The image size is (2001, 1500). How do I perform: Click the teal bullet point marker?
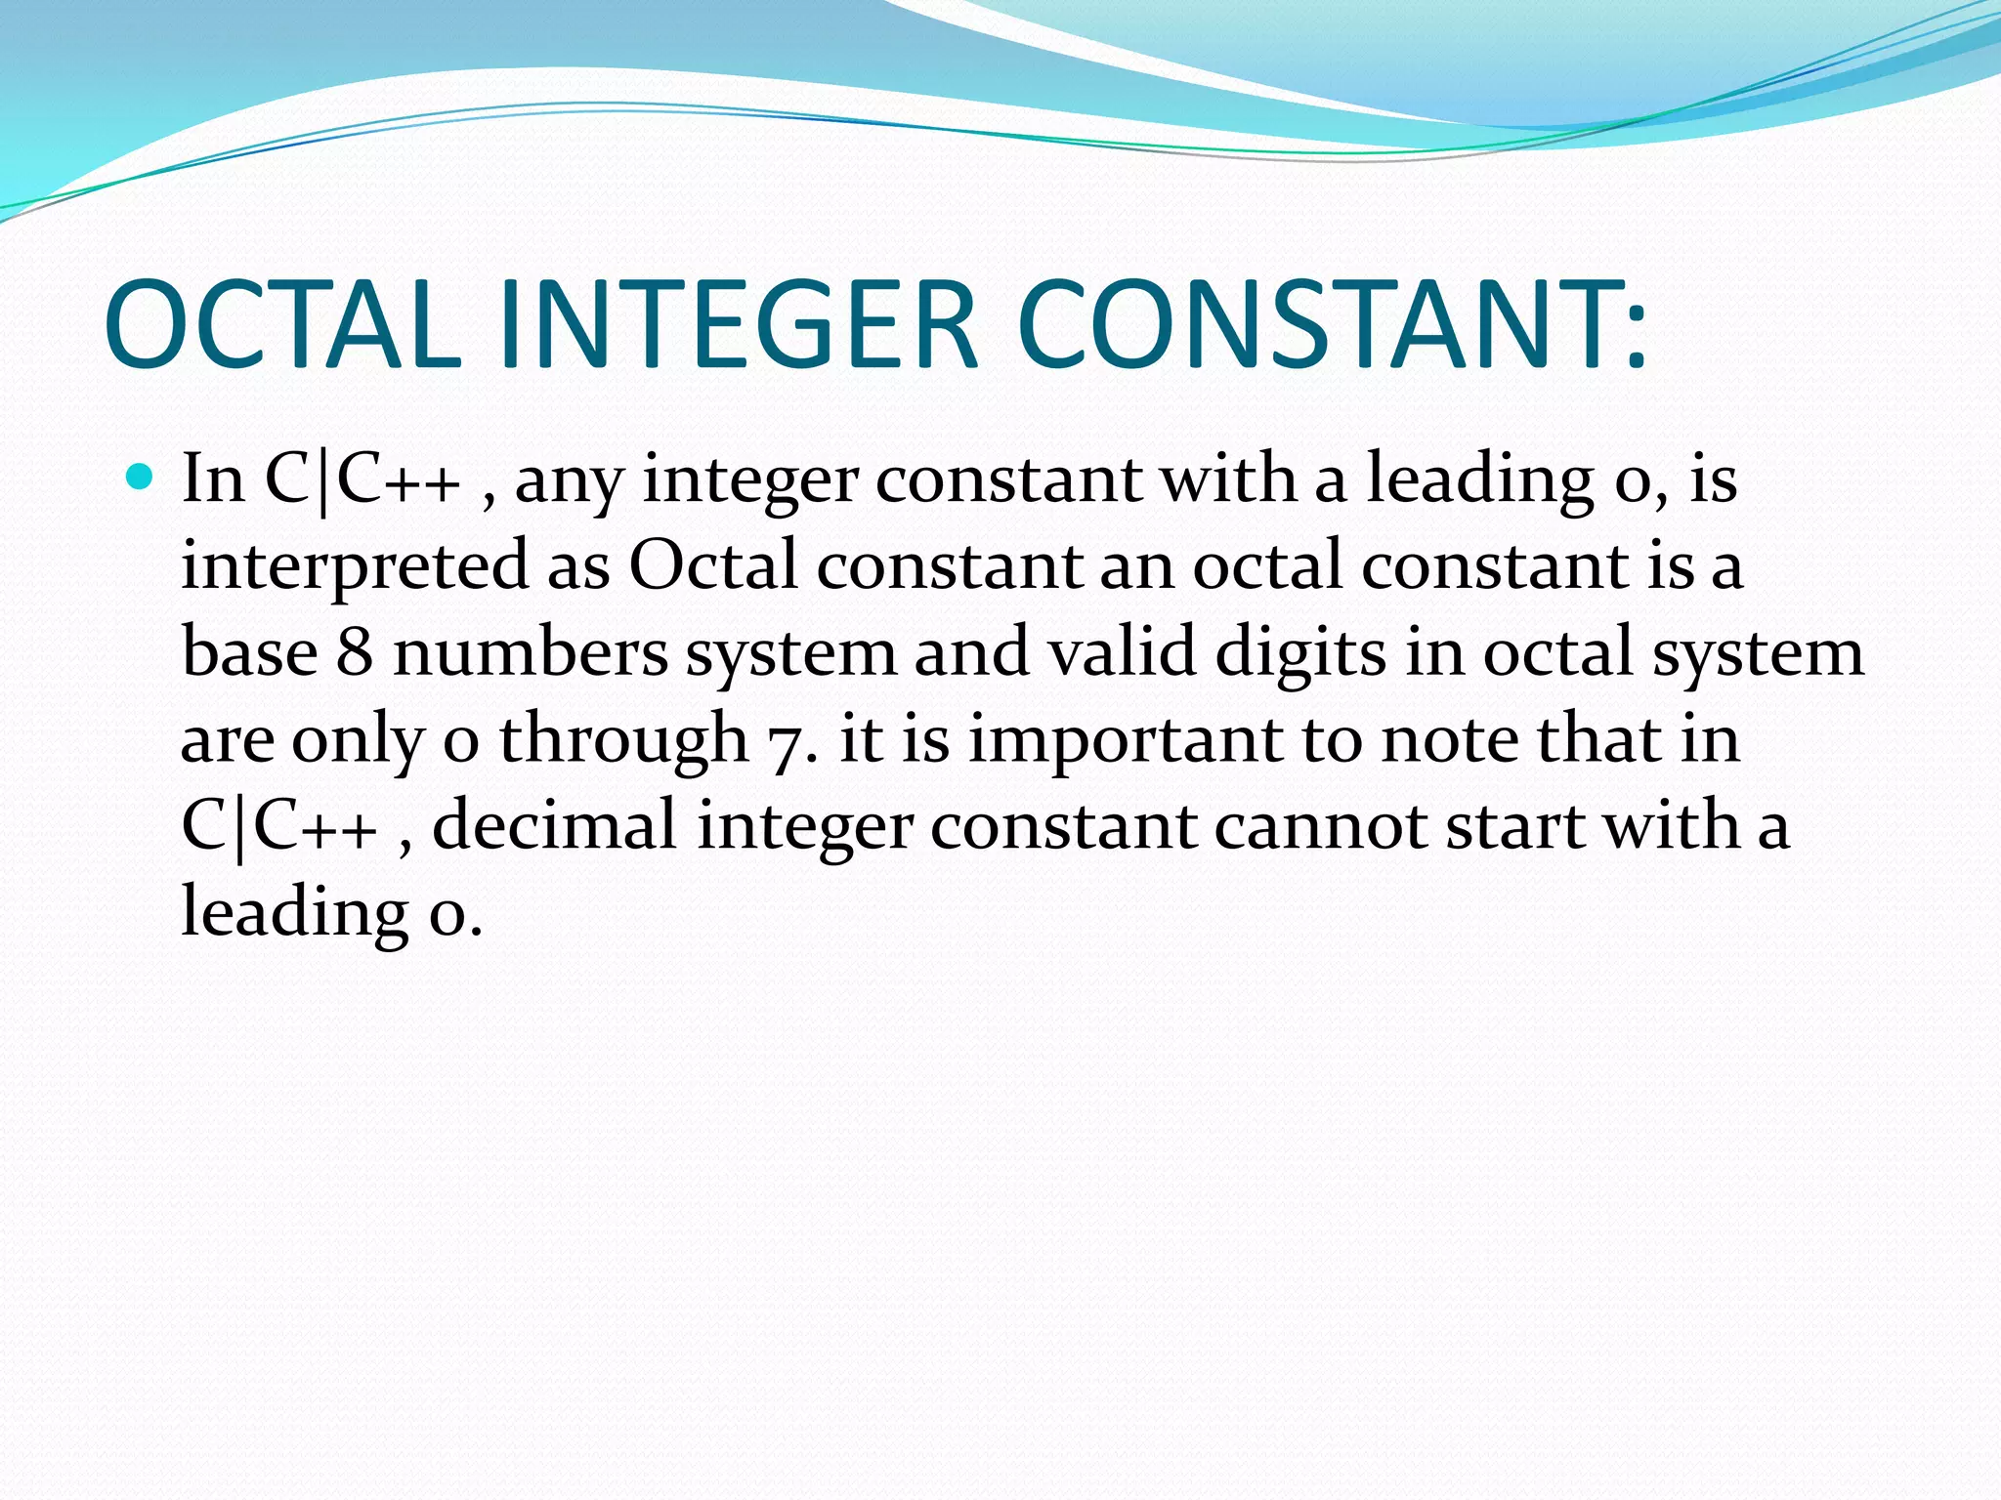[x=141, y=478]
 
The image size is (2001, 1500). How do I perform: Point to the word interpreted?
[x=355, y=567]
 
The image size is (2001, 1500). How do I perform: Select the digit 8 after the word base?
[x=355, y=652]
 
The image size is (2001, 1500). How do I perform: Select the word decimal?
[x=555, y=825]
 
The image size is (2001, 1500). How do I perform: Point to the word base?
[x=249, y=652]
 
